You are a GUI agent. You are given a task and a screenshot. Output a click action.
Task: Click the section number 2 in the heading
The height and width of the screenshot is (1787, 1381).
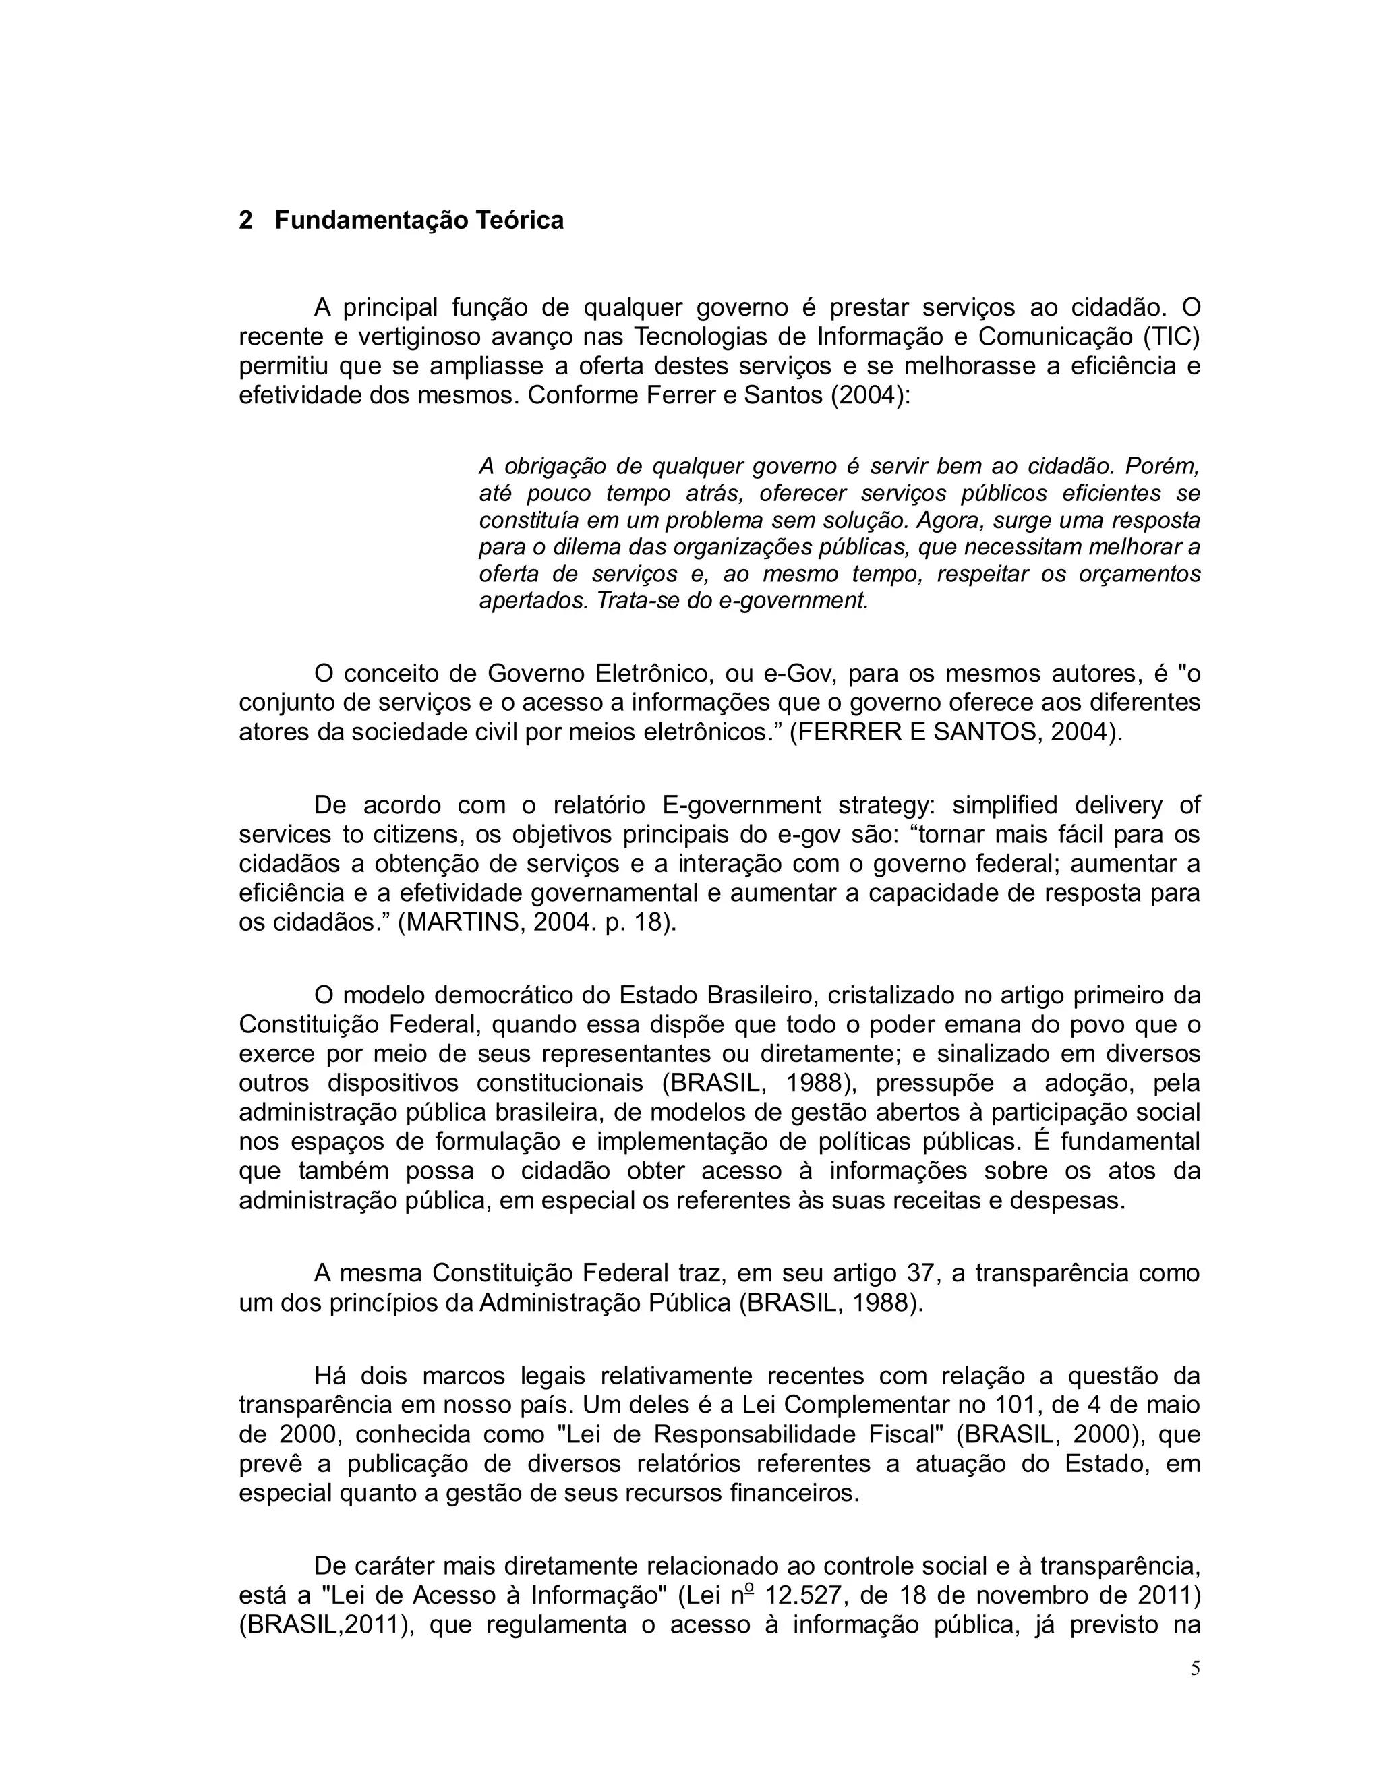tap(245, 221)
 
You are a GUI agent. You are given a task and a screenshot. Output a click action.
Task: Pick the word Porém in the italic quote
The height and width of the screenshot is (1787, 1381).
tap(1162, 467)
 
